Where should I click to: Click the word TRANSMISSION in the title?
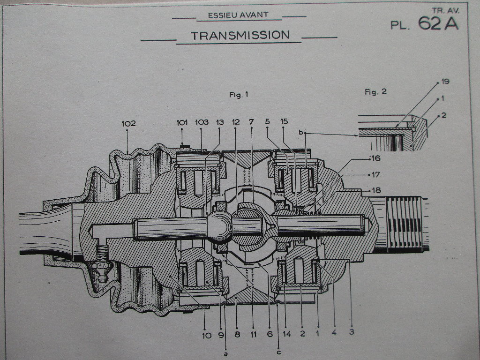tap(240, 35)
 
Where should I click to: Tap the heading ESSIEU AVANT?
tap(238, 15)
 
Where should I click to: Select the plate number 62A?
tap(438, 24)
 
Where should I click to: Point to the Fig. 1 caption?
tap(238, 95)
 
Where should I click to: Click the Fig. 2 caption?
tap(375, 92)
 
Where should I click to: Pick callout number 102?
tap(128, 123)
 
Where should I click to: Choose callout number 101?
tap(182, 123)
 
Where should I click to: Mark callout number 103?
tap(202, 123)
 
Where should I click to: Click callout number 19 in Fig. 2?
tap(445, 82)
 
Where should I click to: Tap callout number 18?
tap(376, 190)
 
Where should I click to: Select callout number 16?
tap(375, 158)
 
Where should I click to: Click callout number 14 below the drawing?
tap(287, 335)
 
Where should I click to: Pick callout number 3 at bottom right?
tap(351, 333)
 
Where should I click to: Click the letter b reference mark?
tap(300, 133)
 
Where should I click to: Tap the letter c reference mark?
tap(278, 352)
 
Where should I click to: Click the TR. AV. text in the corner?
tap(445, 9)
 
